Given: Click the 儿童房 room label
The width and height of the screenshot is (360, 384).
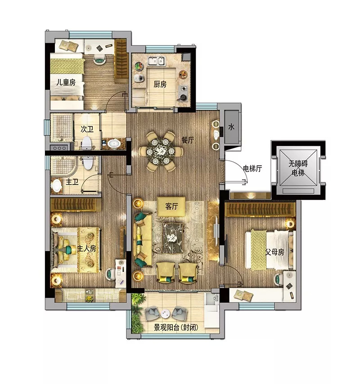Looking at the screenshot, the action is (66, 82).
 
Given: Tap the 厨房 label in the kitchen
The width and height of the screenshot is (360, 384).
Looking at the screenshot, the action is (160, 84).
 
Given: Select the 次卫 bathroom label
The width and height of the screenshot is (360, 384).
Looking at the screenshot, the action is (87, 129).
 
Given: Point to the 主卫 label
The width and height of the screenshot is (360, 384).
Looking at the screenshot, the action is (72, 182).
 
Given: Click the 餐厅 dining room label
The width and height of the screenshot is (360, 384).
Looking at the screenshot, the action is (188, 140).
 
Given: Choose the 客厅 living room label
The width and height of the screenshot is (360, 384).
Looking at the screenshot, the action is (171, 207).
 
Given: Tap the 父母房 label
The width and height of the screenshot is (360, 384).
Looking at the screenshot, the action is (274, 252).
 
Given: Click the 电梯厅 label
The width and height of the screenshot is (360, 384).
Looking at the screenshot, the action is (252, 168).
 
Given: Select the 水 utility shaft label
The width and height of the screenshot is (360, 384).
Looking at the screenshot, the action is (231, 126).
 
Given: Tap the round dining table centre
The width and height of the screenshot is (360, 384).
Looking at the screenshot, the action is (161, 151).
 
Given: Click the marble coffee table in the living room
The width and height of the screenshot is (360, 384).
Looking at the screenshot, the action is (173, 239).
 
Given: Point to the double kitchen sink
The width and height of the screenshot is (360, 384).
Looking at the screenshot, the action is (157, 61).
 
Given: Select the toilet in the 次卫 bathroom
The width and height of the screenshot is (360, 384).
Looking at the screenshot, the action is (86, 144).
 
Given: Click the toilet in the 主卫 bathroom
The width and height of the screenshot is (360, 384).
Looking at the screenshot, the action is (88, 163).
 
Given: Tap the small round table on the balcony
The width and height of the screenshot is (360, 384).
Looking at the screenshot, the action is (165, 314).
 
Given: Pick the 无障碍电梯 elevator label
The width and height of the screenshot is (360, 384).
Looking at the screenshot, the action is (298, 168).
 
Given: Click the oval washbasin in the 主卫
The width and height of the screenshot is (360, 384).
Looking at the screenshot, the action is (57, 186).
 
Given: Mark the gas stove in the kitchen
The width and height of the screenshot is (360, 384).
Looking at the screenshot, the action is (183, 93).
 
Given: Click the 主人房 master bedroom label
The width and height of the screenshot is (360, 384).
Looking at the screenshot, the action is (86, 248).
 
